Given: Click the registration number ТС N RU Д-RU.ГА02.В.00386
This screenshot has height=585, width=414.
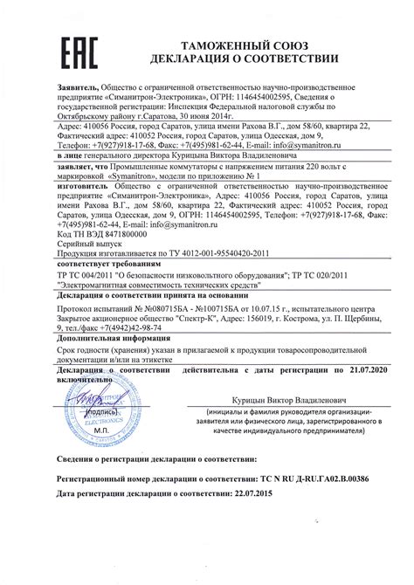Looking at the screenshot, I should pyautogui.click(x=299, y=479).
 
